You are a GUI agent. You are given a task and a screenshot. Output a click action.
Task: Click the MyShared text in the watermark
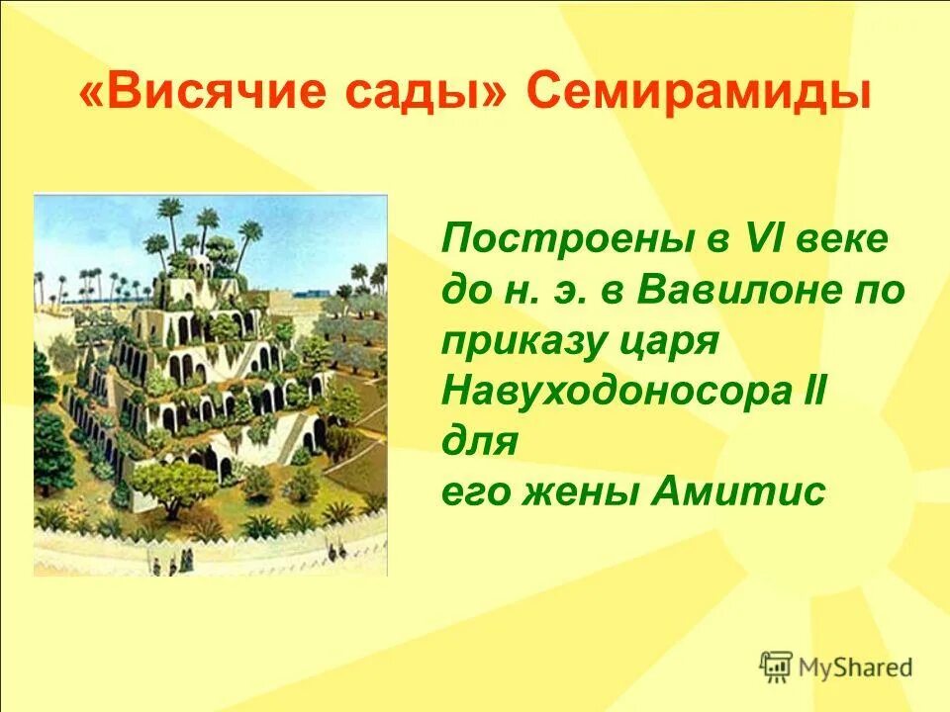pyautogui.click(x=856, y=667)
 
